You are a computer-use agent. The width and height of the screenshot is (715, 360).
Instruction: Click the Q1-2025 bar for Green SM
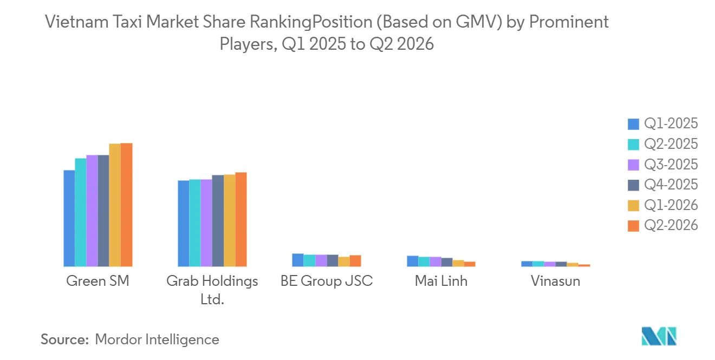click(x=69, y=218)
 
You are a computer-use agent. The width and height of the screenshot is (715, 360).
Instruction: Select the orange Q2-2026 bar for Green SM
click(x=126, y=205)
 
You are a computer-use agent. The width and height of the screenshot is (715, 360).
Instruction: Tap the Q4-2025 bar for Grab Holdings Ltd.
click(x=218, y=221)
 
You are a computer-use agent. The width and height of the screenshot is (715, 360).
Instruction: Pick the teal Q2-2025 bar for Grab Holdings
click(x=194, y=222)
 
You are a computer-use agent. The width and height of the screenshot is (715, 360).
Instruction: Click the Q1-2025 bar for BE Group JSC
click(x=298, y=260)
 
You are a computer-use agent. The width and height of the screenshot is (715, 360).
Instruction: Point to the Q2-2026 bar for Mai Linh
click(x=470, y=264)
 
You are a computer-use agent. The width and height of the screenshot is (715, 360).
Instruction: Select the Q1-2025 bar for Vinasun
click(x=526, y=264)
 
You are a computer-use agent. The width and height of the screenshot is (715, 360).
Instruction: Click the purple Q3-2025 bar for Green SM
click(x=92, y=211)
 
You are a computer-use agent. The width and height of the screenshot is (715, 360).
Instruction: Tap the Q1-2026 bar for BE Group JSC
click(x=344, y=261)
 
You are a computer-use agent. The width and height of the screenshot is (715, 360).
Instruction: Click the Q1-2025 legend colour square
click(x=633, y=124)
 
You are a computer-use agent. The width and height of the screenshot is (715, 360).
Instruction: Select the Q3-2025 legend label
click(x=671, y=165)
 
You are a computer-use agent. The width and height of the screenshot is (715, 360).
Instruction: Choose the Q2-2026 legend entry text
click(x=671, y=226)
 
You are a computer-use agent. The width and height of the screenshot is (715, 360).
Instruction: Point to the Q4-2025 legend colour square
click(x=633, y=185)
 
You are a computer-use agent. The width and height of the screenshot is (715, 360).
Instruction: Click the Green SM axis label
click(x=97, y=281)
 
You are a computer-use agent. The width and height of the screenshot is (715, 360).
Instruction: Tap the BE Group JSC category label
click(x=327, y=281)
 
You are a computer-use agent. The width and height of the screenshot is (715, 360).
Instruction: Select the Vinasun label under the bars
click(x=555, y=281)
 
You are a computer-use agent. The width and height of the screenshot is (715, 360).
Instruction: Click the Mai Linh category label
click(x=441, y=281)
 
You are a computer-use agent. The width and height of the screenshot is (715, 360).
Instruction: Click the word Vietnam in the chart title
click(x=76, y=22)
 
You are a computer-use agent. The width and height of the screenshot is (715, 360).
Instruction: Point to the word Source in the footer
click(x=64, y=339)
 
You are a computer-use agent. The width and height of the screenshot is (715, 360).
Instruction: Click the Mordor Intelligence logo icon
click(x=659, y=336)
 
